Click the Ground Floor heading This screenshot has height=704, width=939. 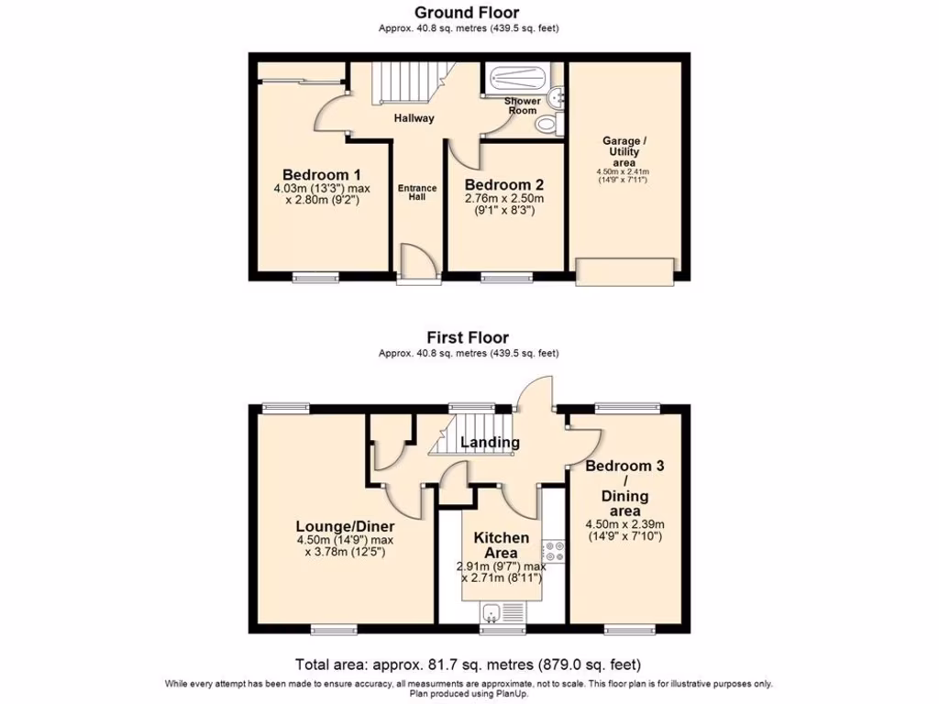[467, 13]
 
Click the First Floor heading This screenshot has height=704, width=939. [467, 338]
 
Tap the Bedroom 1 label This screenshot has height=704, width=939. [321, 175]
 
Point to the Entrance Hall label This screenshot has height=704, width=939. [417, 193]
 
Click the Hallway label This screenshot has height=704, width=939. [414, 118]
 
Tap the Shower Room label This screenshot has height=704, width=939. [522, 105]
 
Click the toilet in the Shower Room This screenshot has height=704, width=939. [548, 123]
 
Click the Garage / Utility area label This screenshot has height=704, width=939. [624, 151]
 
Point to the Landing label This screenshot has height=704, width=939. [490, 443]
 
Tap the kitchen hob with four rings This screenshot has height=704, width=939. [553, 551]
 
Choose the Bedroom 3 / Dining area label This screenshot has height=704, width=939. [624, 488]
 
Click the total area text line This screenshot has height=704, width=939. [467, 665]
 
